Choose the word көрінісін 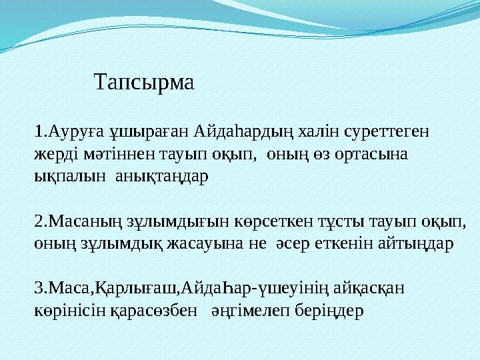(x=65, y=311)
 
